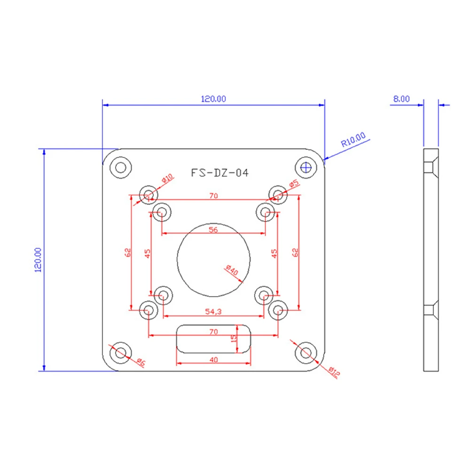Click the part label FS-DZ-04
click(x=219, y=173)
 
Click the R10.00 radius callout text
click(x=353, y=140)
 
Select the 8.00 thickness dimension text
click(x=401, y=99)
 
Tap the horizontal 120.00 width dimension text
click(x=213, y=99)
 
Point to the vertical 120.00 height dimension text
click(x=39, y=260)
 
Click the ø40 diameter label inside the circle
click(x=232, y=270)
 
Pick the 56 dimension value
click(x=213, y=230)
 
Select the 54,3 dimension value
click(x=213, y=312)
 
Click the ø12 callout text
click(x=334, y=372)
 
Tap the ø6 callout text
click(x=141, y=362)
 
